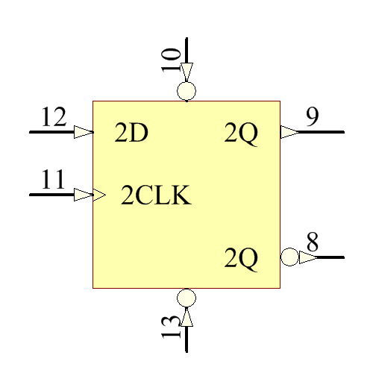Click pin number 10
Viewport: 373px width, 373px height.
point(172,59)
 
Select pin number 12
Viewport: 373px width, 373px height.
point(53,117)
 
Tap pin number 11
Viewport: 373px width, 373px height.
point(53,180)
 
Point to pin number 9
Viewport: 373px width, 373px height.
point(313,116)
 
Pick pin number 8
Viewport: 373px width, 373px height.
point(313,242)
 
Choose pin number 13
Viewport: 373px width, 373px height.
point(172,326)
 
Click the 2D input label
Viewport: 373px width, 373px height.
point(131,134)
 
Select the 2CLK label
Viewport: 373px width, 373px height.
point(156,196)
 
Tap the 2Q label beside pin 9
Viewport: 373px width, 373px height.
point(241,134)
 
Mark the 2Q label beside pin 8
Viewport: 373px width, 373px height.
point(241,259)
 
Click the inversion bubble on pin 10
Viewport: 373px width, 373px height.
point(186,92)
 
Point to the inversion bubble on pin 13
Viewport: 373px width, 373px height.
point(186,297)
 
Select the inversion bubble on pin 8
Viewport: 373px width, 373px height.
point(289,257)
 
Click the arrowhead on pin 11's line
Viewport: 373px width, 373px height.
point(84,195)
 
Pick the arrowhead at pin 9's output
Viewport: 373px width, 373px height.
point(289,132)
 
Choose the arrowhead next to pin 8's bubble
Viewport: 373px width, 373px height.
point(307,257)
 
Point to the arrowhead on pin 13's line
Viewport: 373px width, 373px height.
point(186,316)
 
